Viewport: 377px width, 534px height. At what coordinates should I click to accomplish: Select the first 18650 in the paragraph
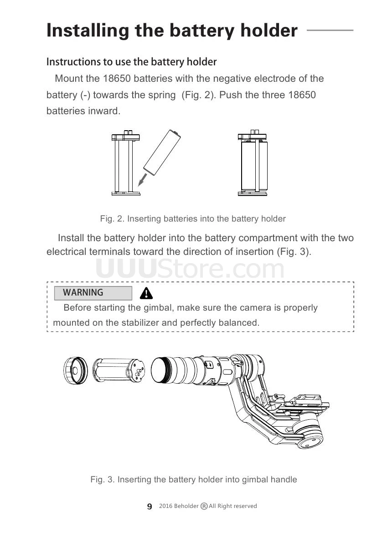(118, 79)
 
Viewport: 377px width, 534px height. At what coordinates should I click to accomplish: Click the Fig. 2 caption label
(112, 219)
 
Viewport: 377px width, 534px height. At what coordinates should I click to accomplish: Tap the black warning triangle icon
(146, 293)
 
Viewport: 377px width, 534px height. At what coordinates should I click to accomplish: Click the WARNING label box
(93, 293)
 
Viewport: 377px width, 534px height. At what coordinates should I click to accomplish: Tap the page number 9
(150, 507)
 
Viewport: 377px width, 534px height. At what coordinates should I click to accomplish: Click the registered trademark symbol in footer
(204, 506)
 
